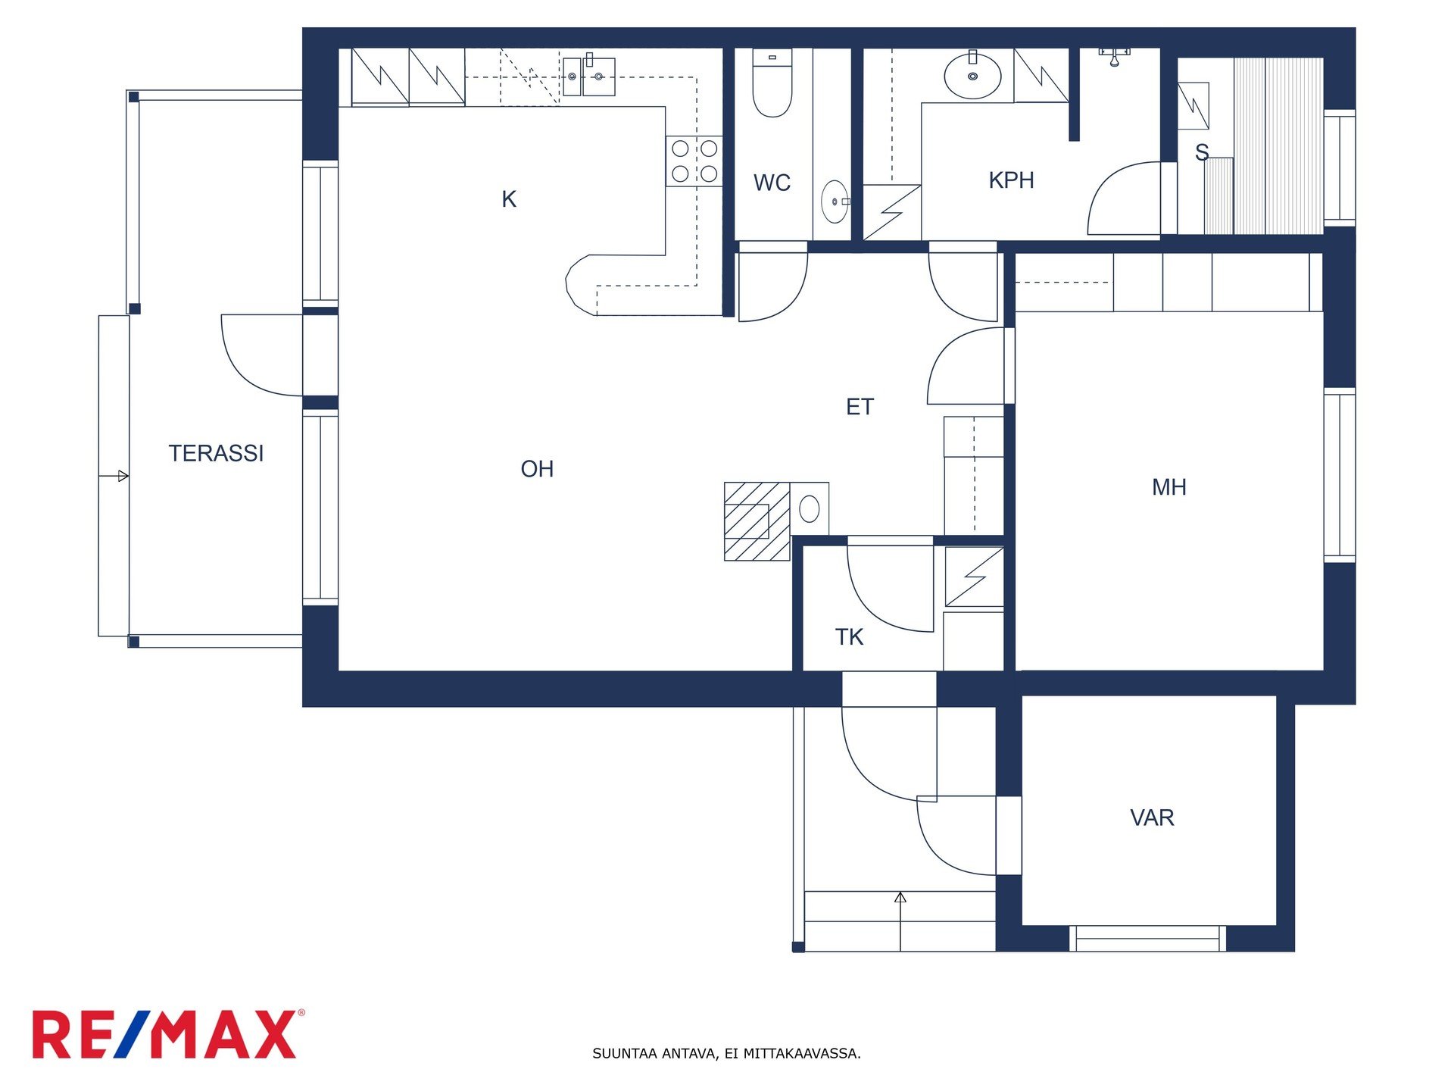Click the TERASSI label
(216, 453)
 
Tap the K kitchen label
(509, 199)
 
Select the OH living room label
(537, 469)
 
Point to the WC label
(772, 183)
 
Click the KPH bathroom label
(1011, 180)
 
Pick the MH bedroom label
(1169, 487)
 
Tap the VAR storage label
(1152, 817)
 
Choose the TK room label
(849, 637)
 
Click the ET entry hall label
(860, 407)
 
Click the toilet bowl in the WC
(772, 83)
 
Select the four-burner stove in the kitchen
(694, 161)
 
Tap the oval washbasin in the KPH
(972, 75)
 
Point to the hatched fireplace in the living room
(757, 521)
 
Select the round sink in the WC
(835, 202)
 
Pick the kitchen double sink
(588, 76)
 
